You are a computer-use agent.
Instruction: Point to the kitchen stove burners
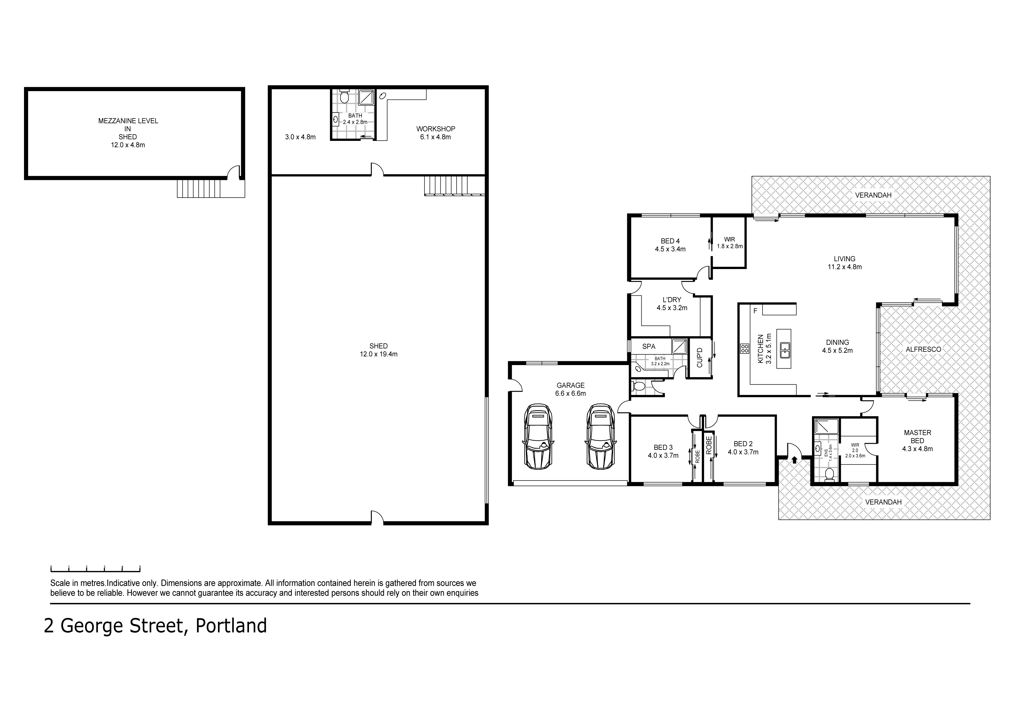[x=744, y=348]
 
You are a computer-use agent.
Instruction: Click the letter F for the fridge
[x=755, y=311]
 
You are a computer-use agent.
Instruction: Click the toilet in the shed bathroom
[x=345, y=96]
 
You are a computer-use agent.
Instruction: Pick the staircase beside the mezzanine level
[x=199, y=188]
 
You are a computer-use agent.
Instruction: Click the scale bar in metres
[x=95, y=569]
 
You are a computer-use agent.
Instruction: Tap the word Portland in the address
[x=231, y=626]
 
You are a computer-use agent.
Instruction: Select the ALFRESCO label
[x=924, y=349]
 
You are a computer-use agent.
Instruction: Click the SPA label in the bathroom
[x=649, y=347]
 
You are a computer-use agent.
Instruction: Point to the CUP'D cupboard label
[x=699, y=358]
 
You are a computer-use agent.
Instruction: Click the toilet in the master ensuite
[x=829, y=475]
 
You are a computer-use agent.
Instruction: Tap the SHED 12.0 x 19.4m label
[x=379, y=350]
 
